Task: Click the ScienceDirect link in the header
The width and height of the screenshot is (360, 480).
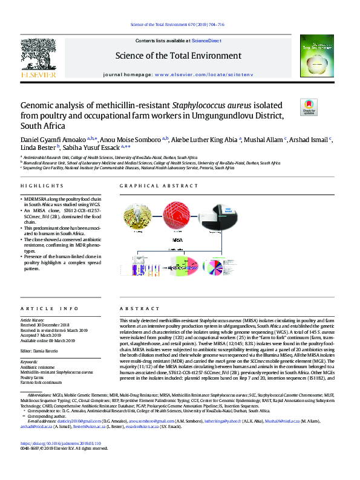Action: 206,40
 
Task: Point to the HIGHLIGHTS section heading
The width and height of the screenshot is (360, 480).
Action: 38,186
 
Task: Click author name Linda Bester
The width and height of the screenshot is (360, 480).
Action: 38,146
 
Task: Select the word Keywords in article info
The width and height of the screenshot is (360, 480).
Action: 30,362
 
